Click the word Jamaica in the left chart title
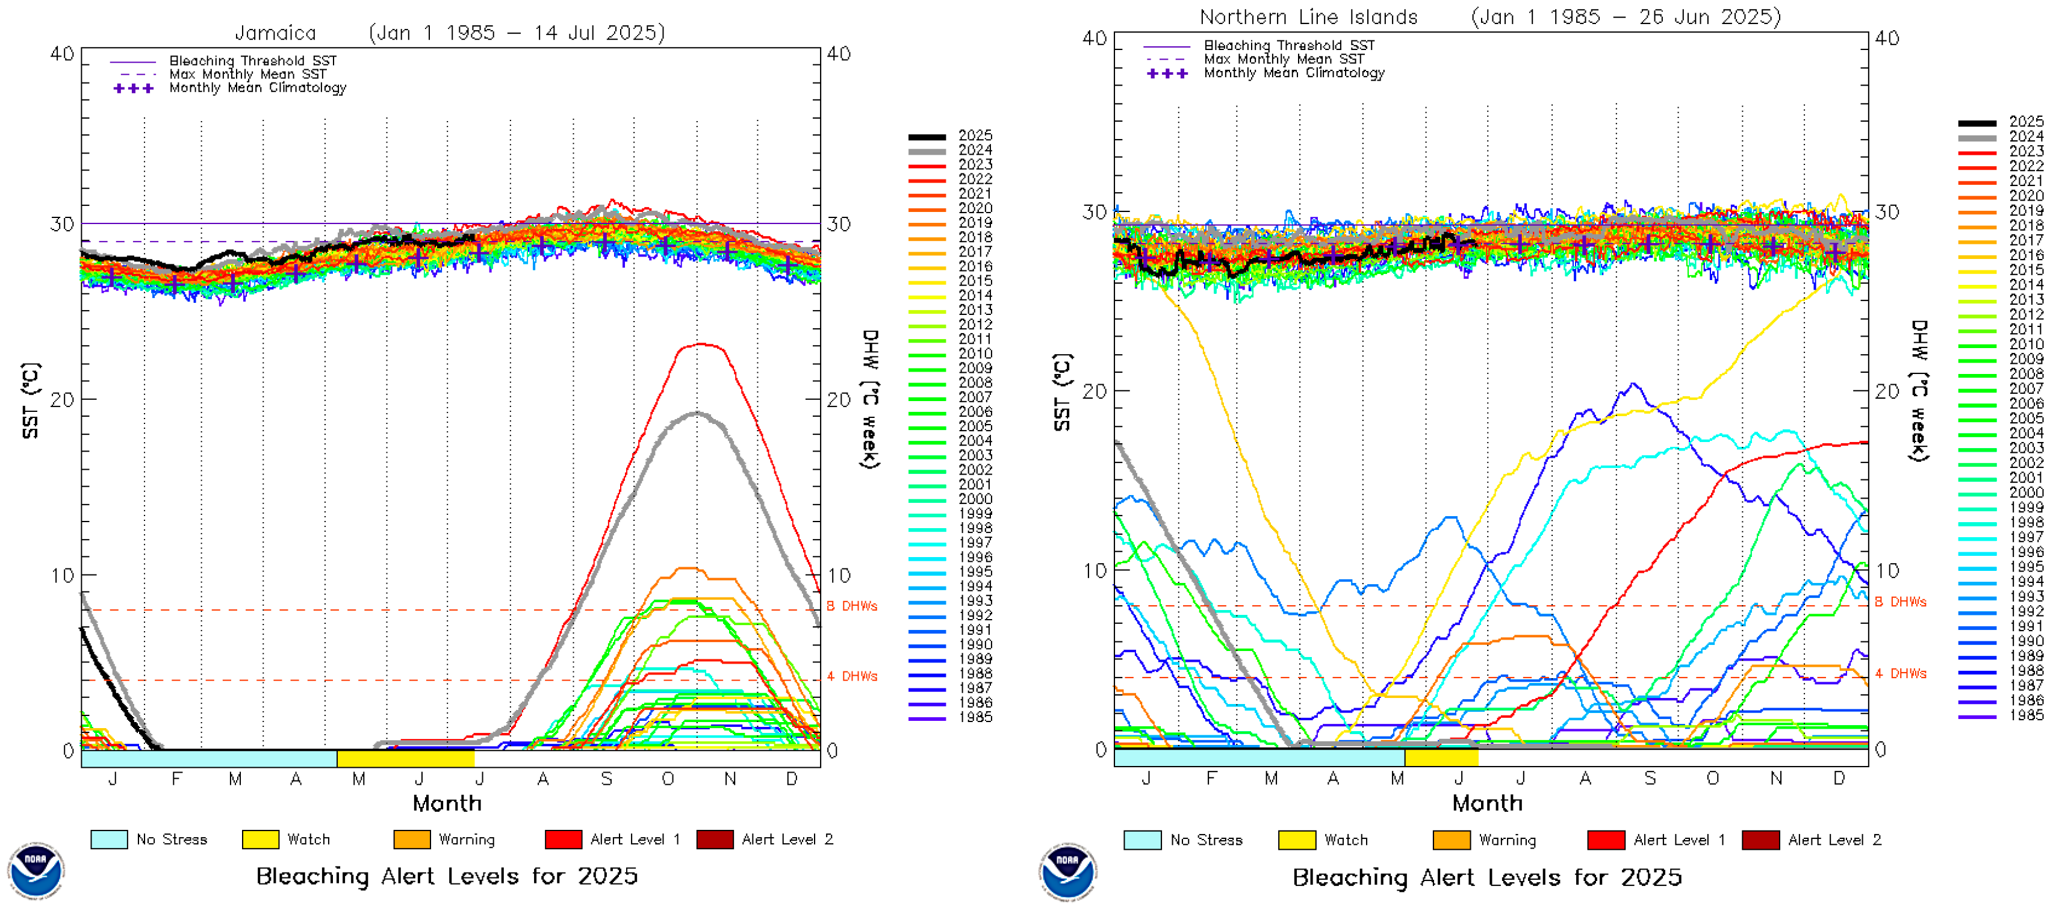tap(275, 33)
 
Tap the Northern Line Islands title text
tap(1308, 17)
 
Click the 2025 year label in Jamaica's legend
tap(975, 135)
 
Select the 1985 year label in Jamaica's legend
tap(975, 717)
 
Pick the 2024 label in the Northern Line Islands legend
tap(2026, 137)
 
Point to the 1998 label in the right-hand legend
tap(2026, 522)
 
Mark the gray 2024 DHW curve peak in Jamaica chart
tap(697, 413)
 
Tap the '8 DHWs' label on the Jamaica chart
tap(852, 606)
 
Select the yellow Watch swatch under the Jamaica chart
tap(260, 839)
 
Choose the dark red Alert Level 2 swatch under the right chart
tap(1760, 839)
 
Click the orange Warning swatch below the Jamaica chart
tap(412, 839)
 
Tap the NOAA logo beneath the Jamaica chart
tap(36, 870)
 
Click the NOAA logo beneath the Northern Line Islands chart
tap(1068, 871)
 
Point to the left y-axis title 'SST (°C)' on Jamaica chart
tap(30, 400)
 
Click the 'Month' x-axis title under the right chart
tap(1487, 803)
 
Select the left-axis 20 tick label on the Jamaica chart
tap(61, 399)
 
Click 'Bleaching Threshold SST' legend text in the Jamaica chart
tap(253, 61)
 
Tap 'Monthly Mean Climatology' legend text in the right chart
tap(1294, 73)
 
